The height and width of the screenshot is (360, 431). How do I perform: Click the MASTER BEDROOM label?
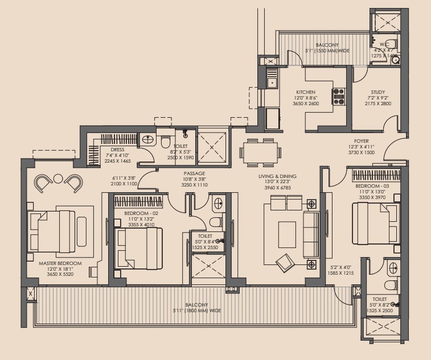[x=60, y=263]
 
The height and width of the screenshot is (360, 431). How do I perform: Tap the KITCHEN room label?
[x=306, y=92]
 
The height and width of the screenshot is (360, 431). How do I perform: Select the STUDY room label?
[x=377, y=92]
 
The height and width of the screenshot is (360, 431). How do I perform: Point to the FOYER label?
[x=362, y=141]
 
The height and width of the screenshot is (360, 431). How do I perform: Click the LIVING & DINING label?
[x=277, y=176]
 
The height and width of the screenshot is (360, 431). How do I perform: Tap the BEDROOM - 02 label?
[x=141, y=213]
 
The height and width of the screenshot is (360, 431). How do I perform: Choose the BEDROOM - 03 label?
[x=372, y=186]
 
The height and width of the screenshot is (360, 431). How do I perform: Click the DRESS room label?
[x=117, y=150]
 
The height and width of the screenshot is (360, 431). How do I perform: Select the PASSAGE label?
[x=194, y=173]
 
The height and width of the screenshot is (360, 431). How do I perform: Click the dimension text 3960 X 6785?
[x=277, y=188]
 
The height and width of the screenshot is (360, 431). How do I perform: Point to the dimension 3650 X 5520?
[x=60, y=274]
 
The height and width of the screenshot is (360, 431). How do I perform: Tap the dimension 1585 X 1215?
[x=340, y=273]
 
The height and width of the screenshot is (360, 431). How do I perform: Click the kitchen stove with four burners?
[x=339, y=97]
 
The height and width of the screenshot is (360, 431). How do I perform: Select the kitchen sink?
[x=272, y=82]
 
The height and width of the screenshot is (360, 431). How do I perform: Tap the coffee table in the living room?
[x=287, y=235]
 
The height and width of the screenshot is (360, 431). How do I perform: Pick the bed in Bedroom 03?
[x=376, y=224]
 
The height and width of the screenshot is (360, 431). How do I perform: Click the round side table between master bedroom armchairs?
[x=58, y=179]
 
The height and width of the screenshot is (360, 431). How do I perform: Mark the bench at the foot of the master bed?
[x=81, y=232]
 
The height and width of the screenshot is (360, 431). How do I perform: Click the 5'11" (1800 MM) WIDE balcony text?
[x=196, y=311]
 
